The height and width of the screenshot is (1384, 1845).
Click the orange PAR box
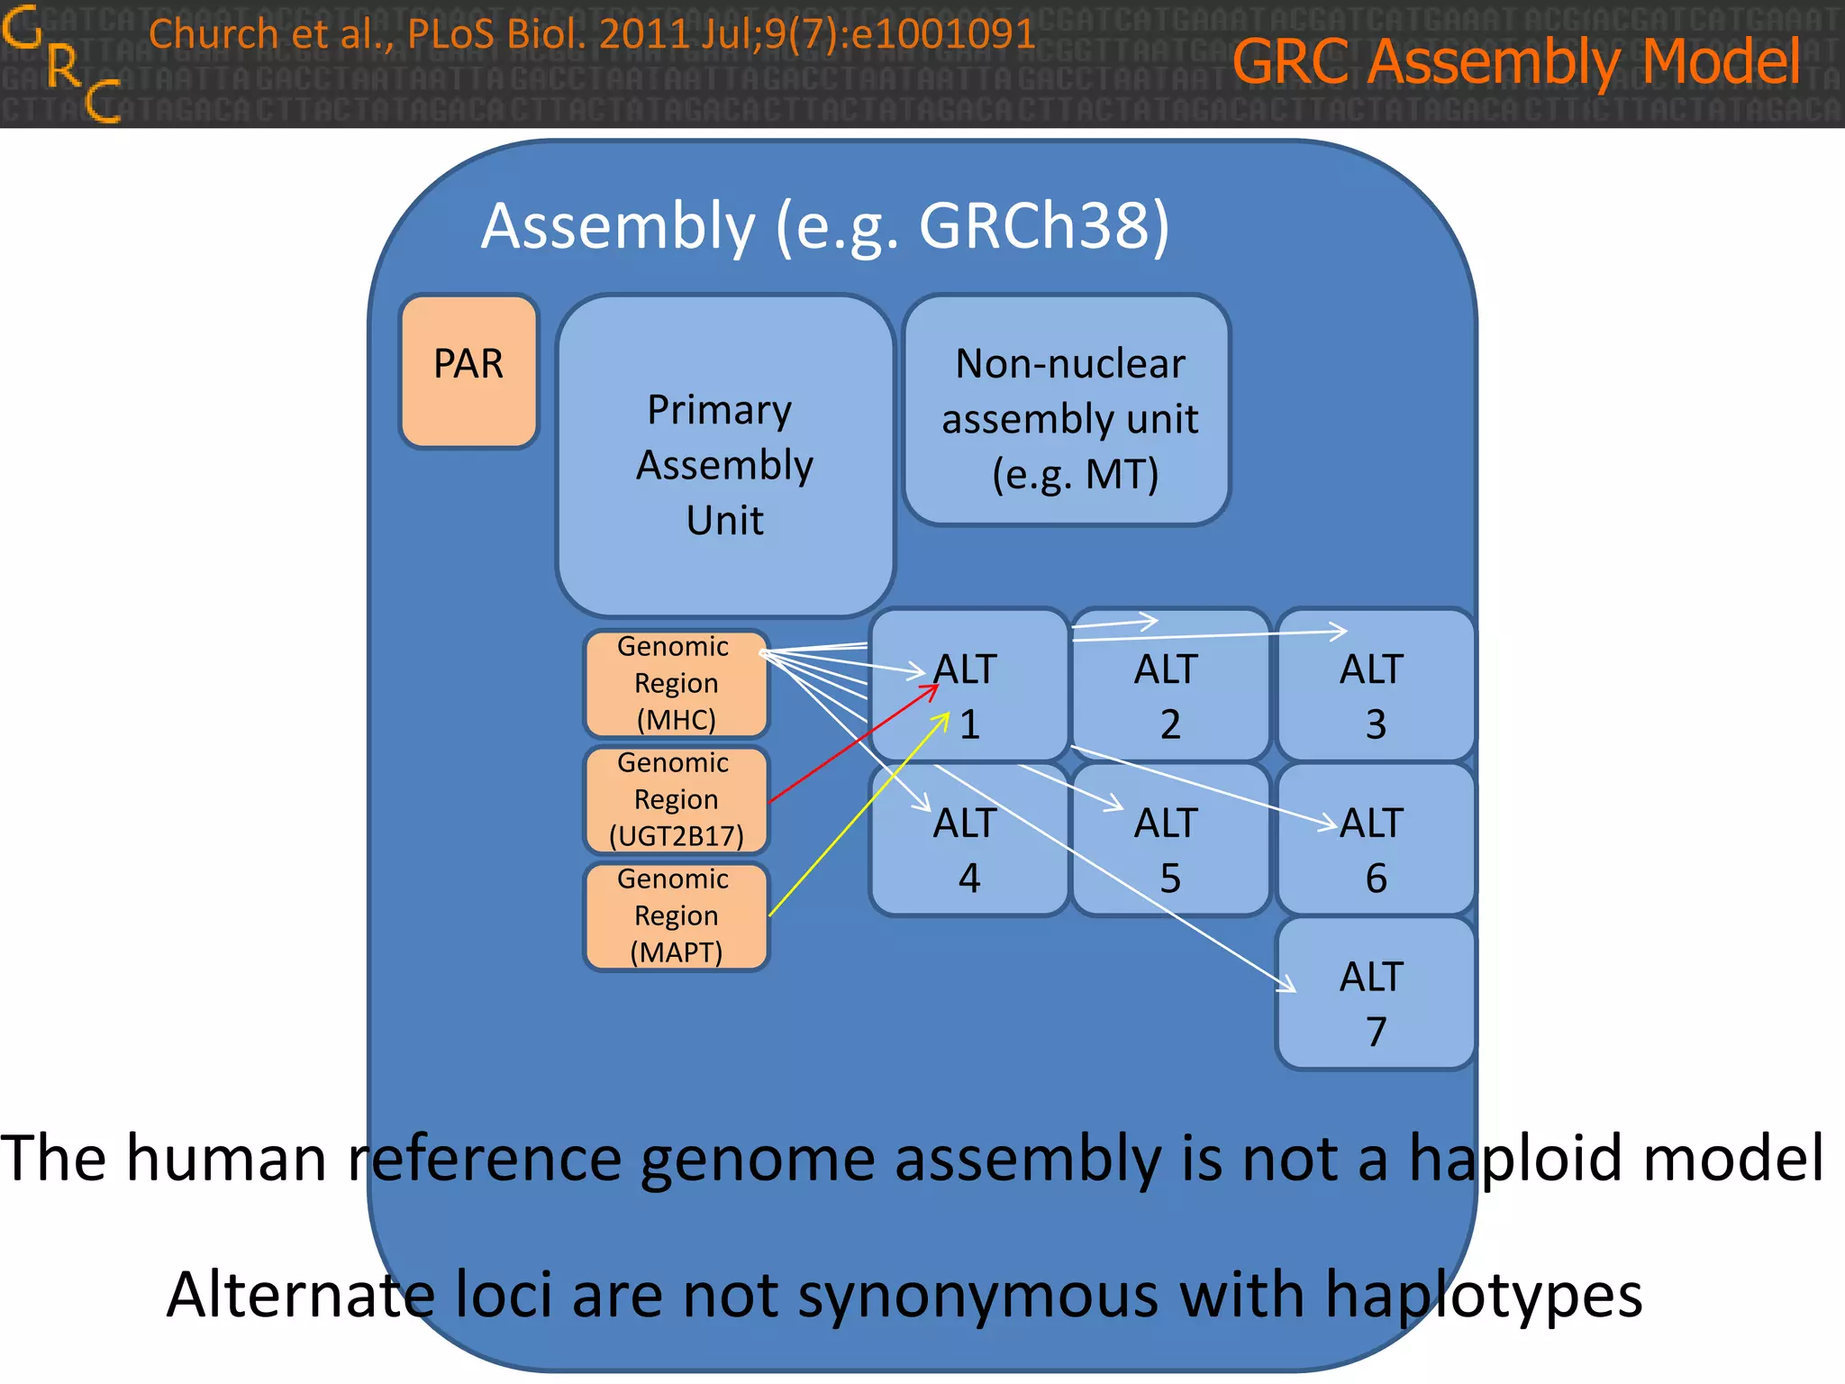pos(468,371)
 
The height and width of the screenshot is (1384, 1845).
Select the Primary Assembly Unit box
pos(724,456)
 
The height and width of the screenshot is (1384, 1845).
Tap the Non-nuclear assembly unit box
pos(1068,411)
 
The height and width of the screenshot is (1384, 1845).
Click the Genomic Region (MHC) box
pos(676,684)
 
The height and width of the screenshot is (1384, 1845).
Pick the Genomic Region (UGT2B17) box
pos(676,800)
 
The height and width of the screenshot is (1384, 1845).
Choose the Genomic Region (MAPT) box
pos(676,916)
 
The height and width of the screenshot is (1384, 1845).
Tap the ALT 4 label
pos(967,850)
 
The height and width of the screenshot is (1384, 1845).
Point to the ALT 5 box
pos(1169,850)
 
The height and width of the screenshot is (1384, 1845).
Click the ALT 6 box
pos(1374,850)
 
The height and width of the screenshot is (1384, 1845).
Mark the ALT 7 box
pos(1374,1002)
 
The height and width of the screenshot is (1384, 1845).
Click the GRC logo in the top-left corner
pos(61,63)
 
